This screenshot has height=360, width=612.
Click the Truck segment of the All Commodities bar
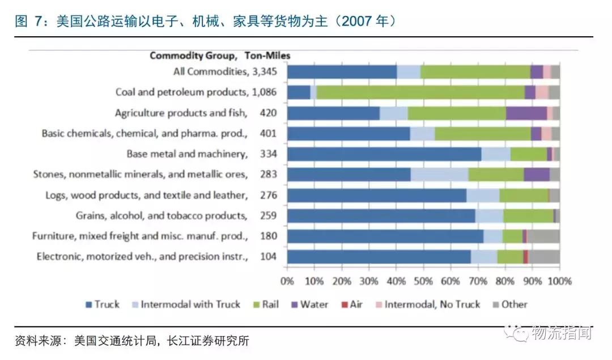click(342, 72)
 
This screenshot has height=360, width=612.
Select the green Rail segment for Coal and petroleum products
click(420, 92)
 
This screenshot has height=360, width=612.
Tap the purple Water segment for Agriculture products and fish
click(526, 113)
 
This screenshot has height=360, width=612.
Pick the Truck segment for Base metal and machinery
click(384, 154)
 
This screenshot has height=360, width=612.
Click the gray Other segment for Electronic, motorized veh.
click(543, 256)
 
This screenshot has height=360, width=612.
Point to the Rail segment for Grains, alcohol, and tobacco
click(528, 215)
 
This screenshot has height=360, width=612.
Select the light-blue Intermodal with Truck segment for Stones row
click(439, 175)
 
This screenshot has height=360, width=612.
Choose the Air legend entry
click(351, 304)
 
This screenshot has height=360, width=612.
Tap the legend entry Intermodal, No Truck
click(426, 304)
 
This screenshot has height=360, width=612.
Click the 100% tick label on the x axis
click(559, 281)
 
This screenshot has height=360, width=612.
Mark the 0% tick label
click(287, 281)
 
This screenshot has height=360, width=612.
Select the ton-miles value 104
click(268, 256)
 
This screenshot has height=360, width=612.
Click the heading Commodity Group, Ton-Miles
click(219, 56)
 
